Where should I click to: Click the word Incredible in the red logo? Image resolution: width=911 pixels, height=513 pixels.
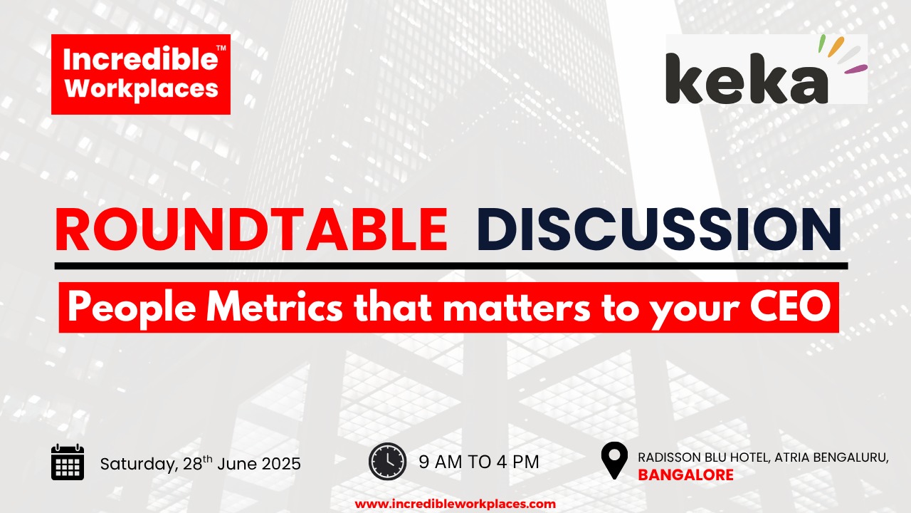[140, 59]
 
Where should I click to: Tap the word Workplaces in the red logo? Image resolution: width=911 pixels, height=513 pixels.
[142, 88]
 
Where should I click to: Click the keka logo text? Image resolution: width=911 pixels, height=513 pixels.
[747, 78]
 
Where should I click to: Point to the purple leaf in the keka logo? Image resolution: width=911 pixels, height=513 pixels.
[855, 69]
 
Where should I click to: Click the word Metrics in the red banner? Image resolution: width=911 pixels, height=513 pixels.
[275, 307]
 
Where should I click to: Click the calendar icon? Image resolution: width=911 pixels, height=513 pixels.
[68, 462]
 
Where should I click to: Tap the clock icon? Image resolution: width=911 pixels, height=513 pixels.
[388, 461]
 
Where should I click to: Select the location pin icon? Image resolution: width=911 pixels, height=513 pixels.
[614, 460]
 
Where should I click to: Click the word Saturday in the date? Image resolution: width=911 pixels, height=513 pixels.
[139, 465]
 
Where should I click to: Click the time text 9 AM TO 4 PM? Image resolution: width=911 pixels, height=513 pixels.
[479, 462]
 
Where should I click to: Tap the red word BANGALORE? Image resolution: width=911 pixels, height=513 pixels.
[685, 475]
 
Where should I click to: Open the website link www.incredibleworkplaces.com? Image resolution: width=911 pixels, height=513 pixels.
[455, 504]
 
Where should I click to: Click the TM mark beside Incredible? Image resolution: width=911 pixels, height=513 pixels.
[221, 48]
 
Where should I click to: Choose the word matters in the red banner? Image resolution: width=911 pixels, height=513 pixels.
[517, 309]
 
